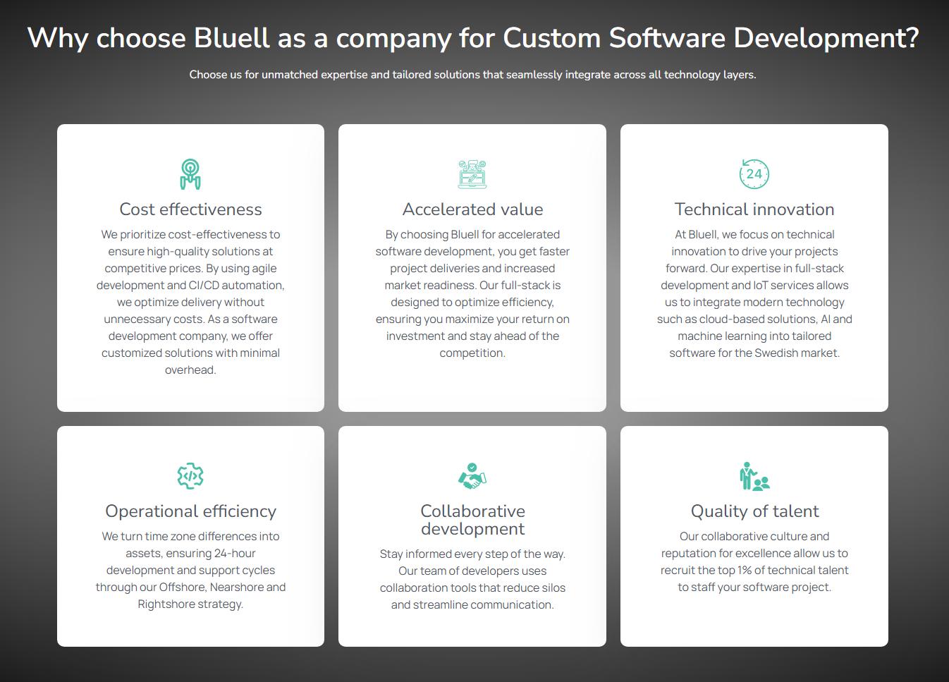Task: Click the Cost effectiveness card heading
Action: [x=190, y=209]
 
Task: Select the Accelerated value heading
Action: [x=472, y=209]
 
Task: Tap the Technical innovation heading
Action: [x=754, y=209]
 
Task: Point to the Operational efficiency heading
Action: [x=190, y=511]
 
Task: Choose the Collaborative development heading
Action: [x=472, y=520]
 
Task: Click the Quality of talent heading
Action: [x=754, y=511]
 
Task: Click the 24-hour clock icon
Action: [x=754, y=173]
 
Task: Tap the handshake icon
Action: [x=472, y=476]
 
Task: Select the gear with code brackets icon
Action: [x=190, y=476]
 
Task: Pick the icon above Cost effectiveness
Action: [x=190, y=173]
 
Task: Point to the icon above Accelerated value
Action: [x=472, y=173]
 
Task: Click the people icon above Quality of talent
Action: [x=754, y=476]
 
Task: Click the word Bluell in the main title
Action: [x=231, y=37]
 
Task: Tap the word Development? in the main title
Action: [x=826, y=39]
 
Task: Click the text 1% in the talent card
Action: [x=745, y=570]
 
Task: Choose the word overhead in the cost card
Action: [x=190, y=370]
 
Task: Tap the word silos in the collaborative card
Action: [x=553, y=588]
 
